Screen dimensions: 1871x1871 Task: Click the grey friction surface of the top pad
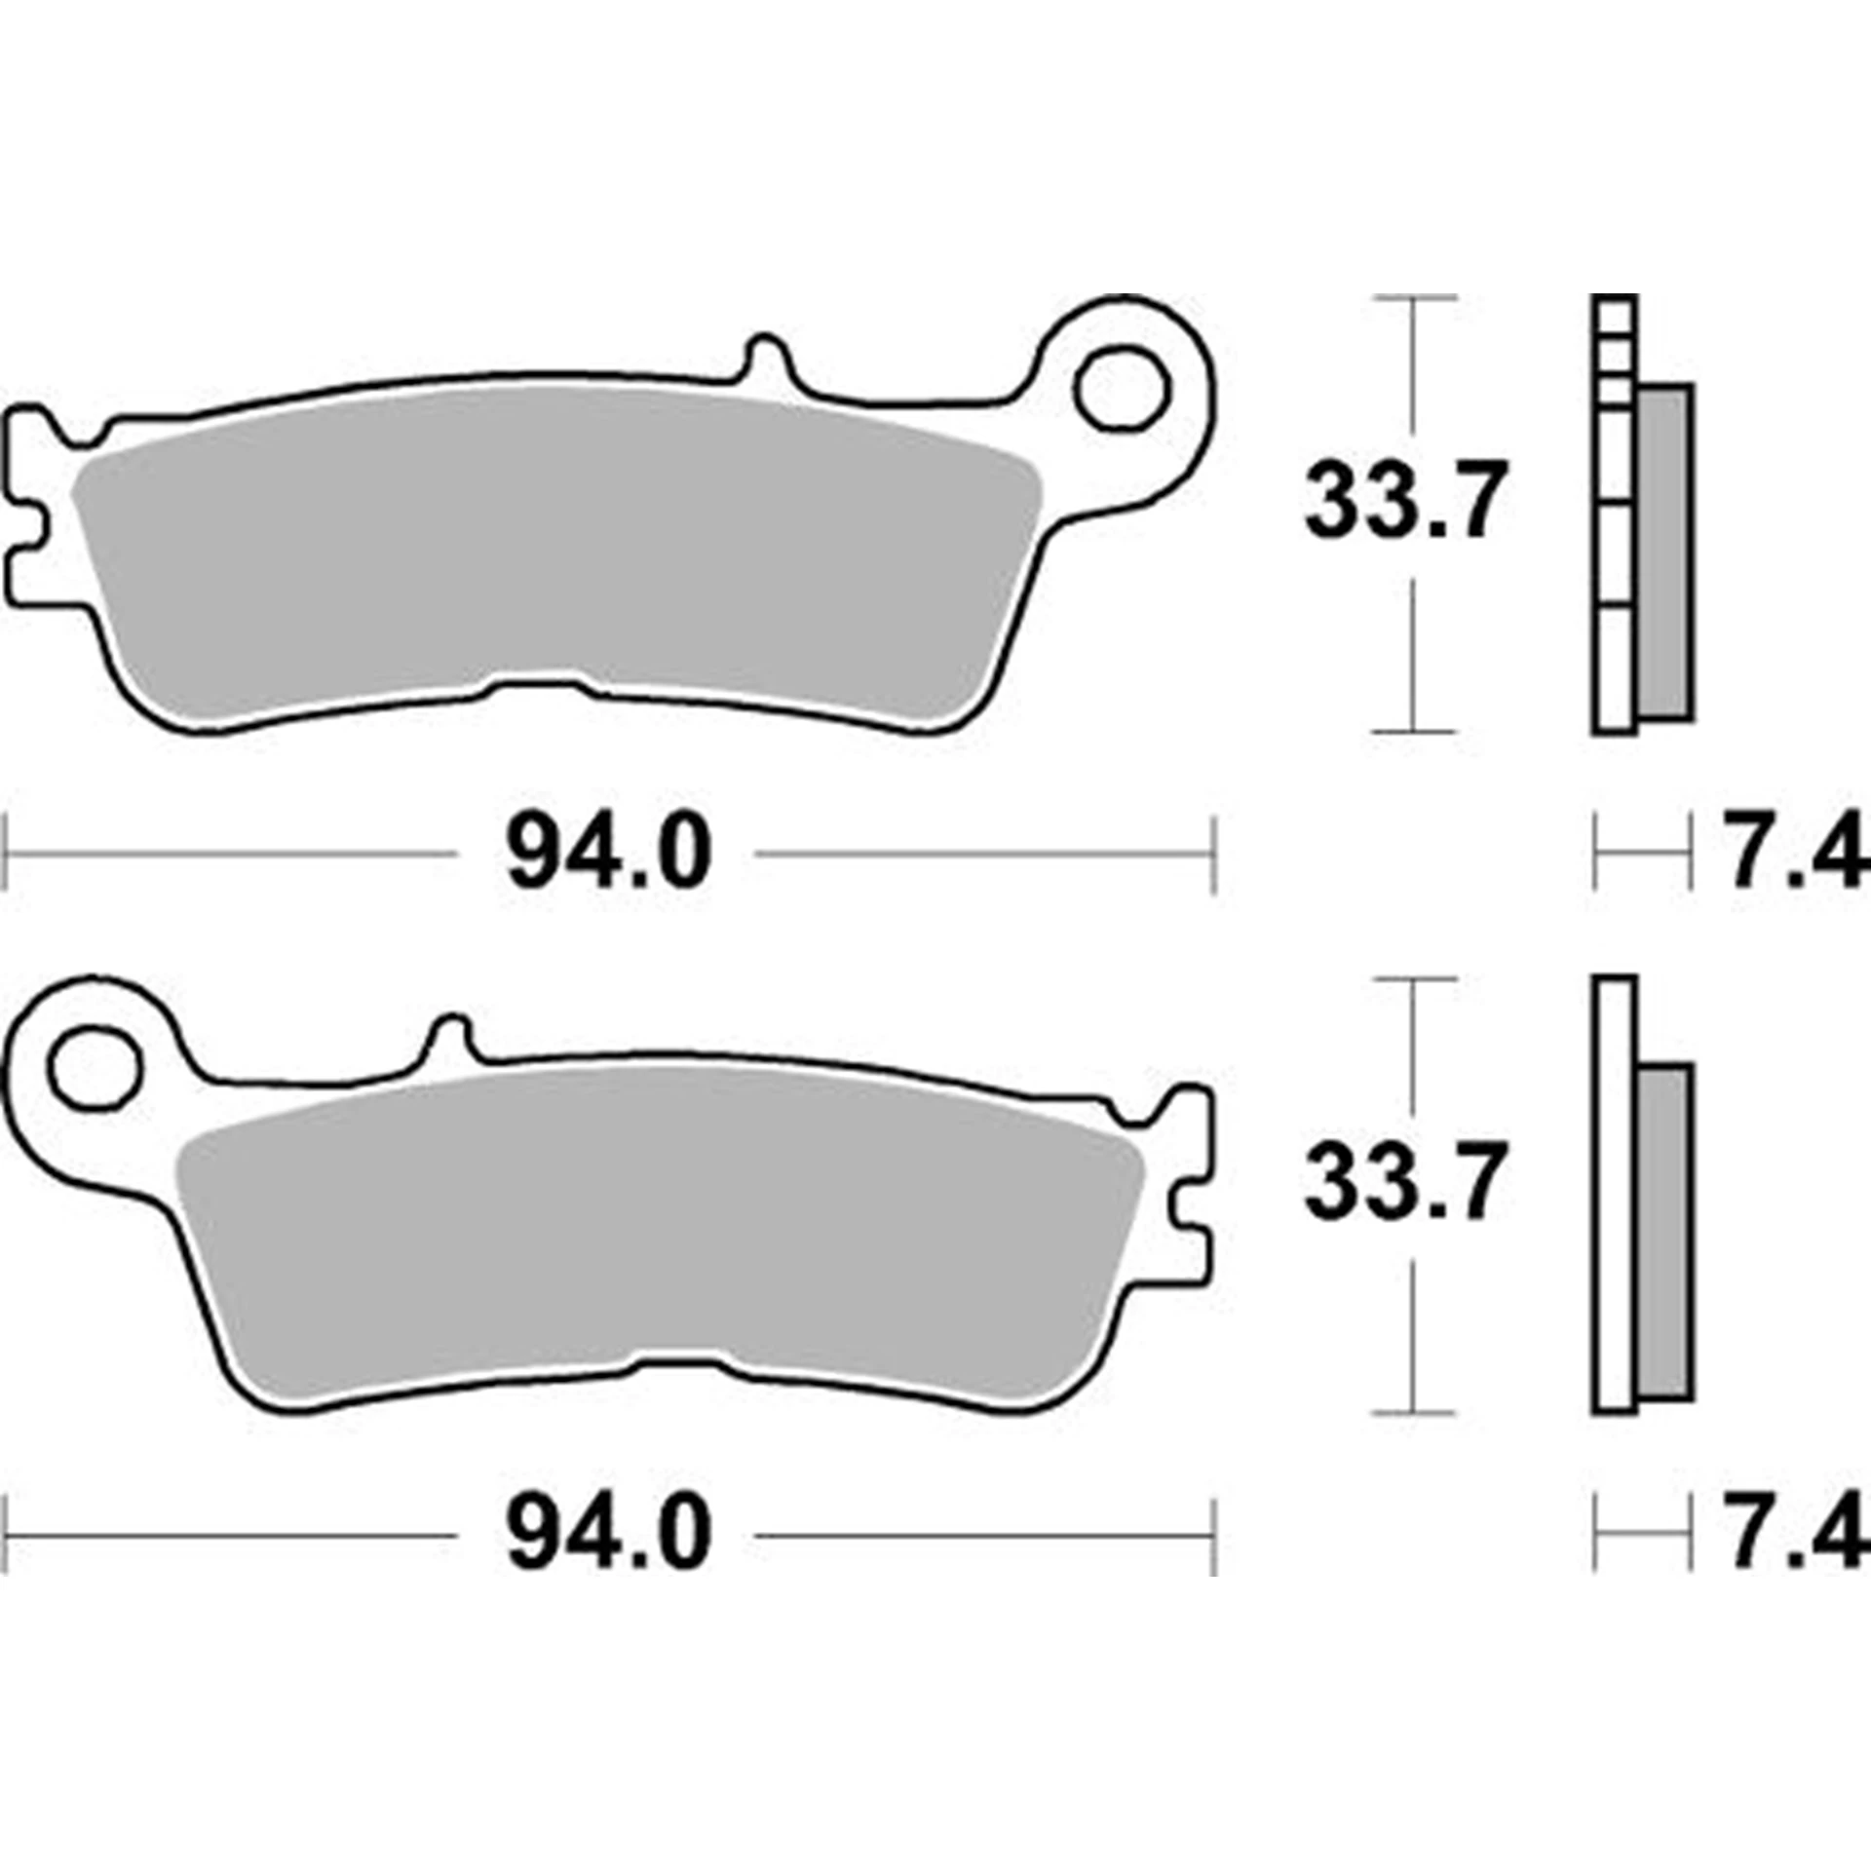[555, 546]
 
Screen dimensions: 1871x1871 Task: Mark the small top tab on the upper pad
[766, 359]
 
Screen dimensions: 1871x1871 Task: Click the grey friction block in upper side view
[1664, 551]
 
